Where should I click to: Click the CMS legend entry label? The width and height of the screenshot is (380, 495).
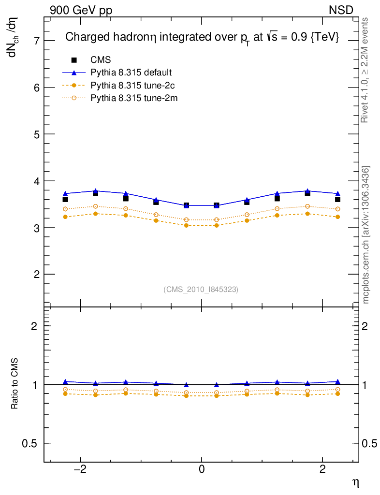101,60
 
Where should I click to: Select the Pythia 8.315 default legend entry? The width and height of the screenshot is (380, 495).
131,73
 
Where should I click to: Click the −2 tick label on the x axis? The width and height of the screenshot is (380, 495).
80,469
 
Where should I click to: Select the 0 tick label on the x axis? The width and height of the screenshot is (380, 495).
202,469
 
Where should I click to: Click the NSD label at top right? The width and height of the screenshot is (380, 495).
341,10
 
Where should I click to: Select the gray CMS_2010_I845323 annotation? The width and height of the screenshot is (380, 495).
201,289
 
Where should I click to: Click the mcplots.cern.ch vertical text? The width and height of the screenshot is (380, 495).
366,235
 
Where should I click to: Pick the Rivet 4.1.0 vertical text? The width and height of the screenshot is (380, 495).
365,70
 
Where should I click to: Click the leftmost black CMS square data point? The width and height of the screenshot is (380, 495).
65,199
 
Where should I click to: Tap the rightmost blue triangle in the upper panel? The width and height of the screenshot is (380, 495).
337,193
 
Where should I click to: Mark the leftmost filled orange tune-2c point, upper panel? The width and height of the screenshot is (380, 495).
65,217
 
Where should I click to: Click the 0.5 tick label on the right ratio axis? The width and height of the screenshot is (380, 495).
370,443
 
